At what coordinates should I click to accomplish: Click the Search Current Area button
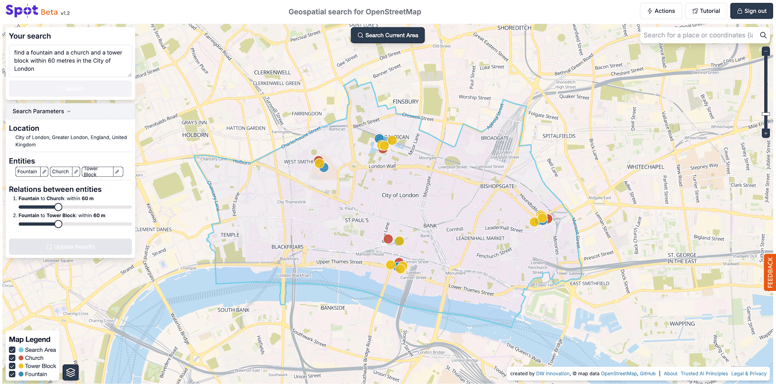click(387, 35)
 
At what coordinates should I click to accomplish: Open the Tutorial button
click(706, 11)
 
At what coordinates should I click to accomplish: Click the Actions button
click(661, 11)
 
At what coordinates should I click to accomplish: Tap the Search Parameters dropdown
click(42, 111)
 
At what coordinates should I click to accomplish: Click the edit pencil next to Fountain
click(45, 172)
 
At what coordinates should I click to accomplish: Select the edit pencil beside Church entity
click(76, 172)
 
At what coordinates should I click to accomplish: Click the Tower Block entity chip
click(97, 172)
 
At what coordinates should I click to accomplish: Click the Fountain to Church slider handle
click(58, 207)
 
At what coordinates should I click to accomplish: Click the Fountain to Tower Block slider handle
click(58, 224)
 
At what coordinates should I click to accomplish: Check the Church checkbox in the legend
click(12, 358)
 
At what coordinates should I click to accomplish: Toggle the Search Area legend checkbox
click(12, 350)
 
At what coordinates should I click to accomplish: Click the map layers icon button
click(71, 373)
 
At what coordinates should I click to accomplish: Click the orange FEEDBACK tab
click(770, 272)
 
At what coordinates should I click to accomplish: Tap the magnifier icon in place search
click(763, 35)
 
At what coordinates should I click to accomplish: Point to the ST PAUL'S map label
click(357, 220)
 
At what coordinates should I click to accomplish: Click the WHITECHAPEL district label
click(645, 167)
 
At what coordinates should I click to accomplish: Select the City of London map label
click(400, 195)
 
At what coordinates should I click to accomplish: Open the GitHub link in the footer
click(648, 374)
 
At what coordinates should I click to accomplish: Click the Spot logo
click(22, 10)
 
